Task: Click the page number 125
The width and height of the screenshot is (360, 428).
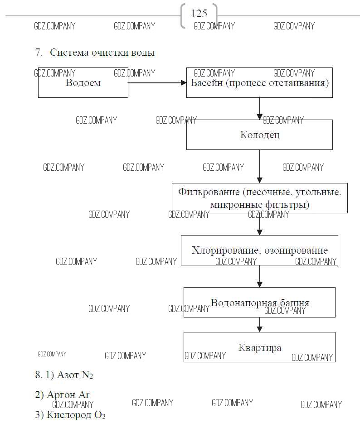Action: pyautogui.click(x=199, y=14)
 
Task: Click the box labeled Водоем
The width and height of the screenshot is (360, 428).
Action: pyautogui.click(x=83, y=83)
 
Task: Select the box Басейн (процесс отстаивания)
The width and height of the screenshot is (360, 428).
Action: pyautogui.click(x=259, y=83)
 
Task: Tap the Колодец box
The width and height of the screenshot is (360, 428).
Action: pyautogui.click(x=259, y=135)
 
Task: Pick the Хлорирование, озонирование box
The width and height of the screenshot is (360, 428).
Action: pyautogui.click(x=259, y=250)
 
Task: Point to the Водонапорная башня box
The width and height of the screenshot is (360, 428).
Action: pyautogui.click(x=259, y=302)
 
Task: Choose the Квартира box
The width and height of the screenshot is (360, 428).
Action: pyautogui.click(x=259, y=347)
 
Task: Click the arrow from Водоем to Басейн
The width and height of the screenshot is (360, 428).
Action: pyautogui.click(x=157, y=83)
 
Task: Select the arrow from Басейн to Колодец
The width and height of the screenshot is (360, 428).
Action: pyautogui.click(x=260, y=108)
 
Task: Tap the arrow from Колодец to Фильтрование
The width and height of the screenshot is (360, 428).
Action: pyautogui.click(x=260, y=166)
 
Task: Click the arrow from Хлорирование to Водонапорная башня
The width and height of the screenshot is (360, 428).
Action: pyautogui.click(x=260, y=276)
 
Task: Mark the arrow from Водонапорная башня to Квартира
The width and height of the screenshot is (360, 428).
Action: pyautogui.click(x=260, y=324)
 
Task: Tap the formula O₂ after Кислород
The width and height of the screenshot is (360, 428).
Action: pyautogui.click(x=100, y=415)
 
